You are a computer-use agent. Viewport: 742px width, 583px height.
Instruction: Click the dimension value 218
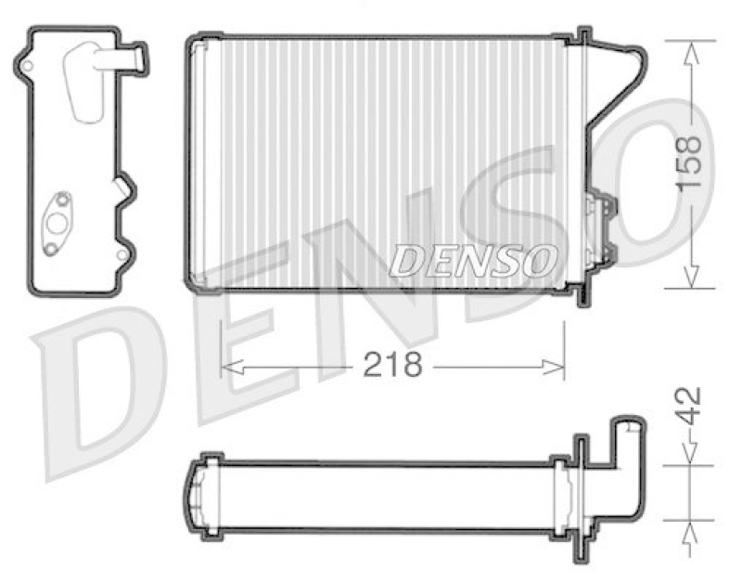click(392, 365)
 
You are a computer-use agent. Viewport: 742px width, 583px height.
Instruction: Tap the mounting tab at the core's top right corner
click(583, 38)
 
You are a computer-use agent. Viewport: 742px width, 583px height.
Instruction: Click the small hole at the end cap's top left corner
click(28, 66)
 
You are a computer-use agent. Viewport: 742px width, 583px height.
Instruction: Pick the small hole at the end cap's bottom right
click(122, 251)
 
